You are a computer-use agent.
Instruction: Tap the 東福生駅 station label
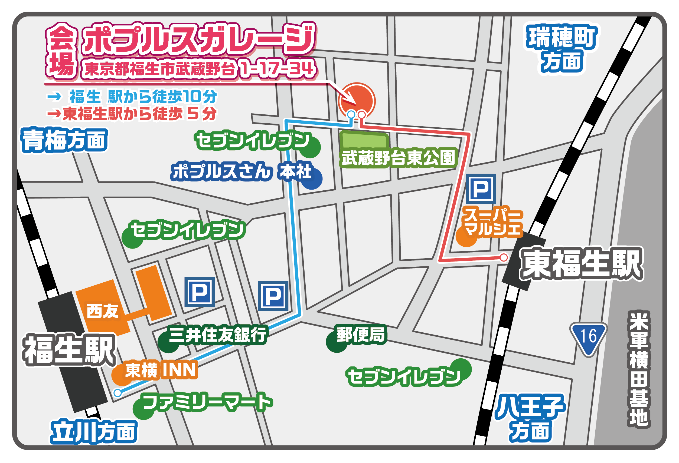582,264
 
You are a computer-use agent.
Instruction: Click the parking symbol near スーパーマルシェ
481,189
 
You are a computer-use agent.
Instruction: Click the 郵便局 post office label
361,335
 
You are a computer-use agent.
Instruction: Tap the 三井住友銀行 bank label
218,335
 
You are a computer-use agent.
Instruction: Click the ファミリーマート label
208,402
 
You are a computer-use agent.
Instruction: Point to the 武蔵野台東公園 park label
398,158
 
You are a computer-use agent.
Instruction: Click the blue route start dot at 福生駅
117,393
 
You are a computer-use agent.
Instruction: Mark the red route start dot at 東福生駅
504,257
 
